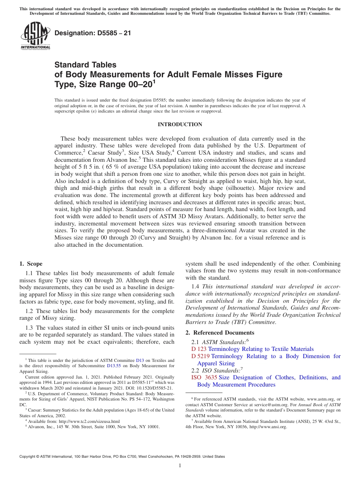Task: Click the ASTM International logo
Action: [x=35, y=35]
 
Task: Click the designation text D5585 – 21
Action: [x=93, y=33]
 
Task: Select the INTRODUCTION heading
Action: [x=180, y=124]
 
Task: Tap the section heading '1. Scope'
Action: [x=31, y=264]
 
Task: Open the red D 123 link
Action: [x=199, y=349]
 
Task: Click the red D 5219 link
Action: [x=200, y=356]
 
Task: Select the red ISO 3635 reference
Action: [x=204, y=377]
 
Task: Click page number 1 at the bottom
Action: [x=180, y=466]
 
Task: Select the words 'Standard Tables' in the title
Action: [x=85, y=65]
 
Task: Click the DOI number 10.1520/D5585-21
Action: [x=151, y=388]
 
